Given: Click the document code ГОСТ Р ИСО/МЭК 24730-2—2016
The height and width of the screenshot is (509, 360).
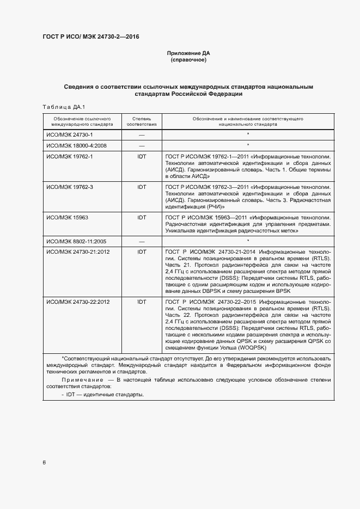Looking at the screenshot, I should coord(91,36).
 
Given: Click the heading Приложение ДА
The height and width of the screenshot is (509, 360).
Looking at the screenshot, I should coord(188,53).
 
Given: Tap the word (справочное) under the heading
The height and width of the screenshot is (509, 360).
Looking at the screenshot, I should coord(188,60).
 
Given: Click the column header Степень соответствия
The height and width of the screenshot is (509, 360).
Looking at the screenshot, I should coord(142,121).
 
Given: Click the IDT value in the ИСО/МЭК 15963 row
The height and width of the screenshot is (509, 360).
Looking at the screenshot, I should coord(142,217).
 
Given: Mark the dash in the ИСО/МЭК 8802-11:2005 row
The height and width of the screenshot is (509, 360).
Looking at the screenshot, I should coord(142,240).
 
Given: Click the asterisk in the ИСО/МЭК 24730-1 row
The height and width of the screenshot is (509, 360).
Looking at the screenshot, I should coord(248,134).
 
